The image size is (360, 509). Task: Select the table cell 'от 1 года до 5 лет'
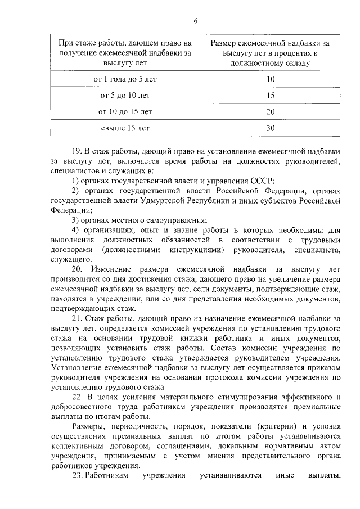pyautogui.click(x=124, y=79)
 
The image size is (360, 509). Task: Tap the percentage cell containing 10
pyautogui.click(x=271, y=79)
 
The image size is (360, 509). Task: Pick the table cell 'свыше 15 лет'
pyautogui.click(x=124, y=128)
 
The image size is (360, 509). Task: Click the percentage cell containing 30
pyautogui.click(x=271, y=128)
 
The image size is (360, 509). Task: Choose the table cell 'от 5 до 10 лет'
pyautogui.click(x=124, y=96)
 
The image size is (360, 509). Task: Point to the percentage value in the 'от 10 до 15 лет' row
pyautogui.click(x=271, y=111)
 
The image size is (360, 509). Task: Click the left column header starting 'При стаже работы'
pyautogui.click(x=124, y=53)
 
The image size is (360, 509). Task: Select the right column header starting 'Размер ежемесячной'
pyautogui.click(x=270, y=53)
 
